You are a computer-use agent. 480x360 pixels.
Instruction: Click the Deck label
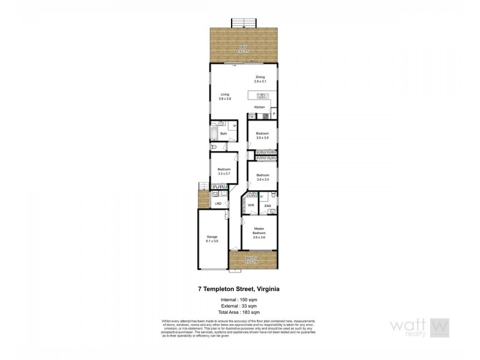tap(242, 48)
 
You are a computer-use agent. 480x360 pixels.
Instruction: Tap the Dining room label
tap(260, 79)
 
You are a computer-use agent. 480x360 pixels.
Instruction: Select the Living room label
tap(225, 96)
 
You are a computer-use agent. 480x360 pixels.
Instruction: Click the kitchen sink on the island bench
tap(262, 95)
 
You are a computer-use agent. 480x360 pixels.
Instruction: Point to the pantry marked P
tap(274, 114)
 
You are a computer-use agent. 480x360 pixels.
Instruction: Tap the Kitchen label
tap(259, 107)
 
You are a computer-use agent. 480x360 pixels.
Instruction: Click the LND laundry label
tap(218, 204)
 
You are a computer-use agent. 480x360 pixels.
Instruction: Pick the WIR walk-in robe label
tap(251, 205)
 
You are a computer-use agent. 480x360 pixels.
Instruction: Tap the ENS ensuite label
tap(268, 205)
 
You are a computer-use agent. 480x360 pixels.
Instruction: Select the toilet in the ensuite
tap(272, 196)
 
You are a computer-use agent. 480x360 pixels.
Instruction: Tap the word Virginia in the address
tap(269, 289)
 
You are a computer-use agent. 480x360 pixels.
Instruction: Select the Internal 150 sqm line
tap(240, 299)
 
